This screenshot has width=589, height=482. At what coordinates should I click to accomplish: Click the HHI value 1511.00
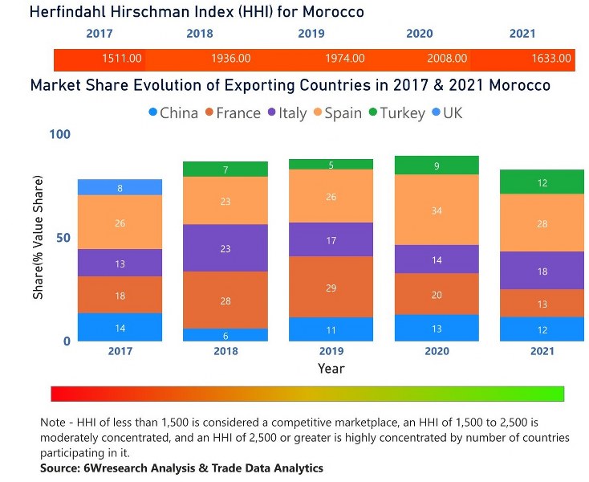tap(122, 59)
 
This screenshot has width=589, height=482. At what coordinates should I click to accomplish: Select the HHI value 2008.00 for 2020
tap(447, 59)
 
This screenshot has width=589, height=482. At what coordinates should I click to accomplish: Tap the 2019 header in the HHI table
tap(311, 34)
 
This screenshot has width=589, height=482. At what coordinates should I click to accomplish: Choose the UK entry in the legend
tap(451, 112)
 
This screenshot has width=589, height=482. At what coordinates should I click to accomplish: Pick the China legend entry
tap(173, 112)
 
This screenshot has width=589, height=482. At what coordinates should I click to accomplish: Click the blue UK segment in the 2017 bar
tap(120, 187)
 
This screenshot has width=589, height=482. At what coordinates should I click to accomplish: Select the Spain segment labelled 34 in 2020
tap(437, 210)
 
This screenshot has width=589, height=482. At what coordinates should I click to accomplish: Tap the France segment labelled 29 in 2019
tap(331, 287)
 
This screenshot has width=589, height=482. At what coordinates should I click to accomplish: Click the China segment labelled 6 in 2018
tap(225, 335)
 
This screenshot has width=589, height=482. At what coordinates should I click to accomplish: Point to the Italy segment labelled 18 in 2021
tap(542, 272)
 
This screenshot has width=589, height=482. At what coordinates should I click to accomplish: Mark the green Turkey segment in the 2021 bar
tap(542, 182)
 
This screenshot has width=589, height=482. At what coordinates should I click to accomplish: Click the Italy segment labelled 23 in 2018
tap(225, 248)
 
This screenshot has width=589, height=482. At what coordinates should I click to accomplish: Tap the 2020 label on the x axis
tap(437, 351)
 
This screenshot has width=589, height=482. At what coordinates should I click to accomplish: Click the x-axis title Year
tap(331, 368)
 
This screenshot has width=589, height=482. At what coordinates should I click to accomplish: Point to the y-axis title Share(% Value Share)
tap(39, 249)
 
